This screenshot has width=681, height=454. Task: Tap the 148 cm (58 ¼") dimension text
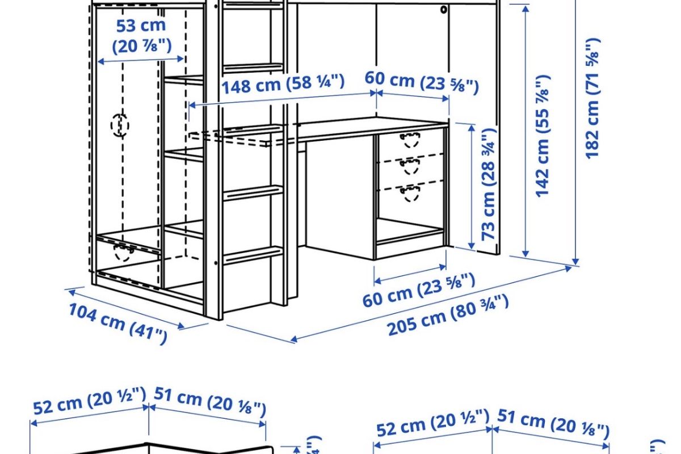pyautogui.click(x=283, y=85)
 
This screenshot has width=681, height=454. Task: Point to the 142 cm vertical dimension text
pyautogui.click(x=543, y=136)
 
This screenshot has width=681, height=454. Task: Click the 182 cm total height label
pyautogui.click(x=592, y=99)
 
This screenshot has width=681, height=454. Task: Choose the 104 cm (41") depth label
pyautogui.click(x=118, y=324)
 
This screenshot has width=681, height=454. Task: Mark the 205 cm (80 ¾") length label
pyautogui.click(x=448, y=316)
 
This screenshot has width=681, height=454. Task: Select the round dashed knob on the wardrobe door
pyautogui.click(x=120, y=124)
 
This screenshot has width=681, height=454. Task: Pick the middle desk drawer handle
pyautogui.click(x=410, y=166)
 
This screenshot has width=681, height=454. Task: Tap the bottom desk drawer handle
pyautogui.click(x=410, y=194)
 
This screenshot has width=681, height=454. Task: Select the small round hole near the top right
pyautogui.click(x=443, y=10)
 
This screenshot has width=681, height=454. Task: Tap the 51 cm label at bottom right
pyautogui.click(x=553, y=423)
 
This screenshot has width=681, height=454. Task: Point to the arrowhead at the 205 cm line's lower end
pyautogui.click(x=293, y=340)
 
